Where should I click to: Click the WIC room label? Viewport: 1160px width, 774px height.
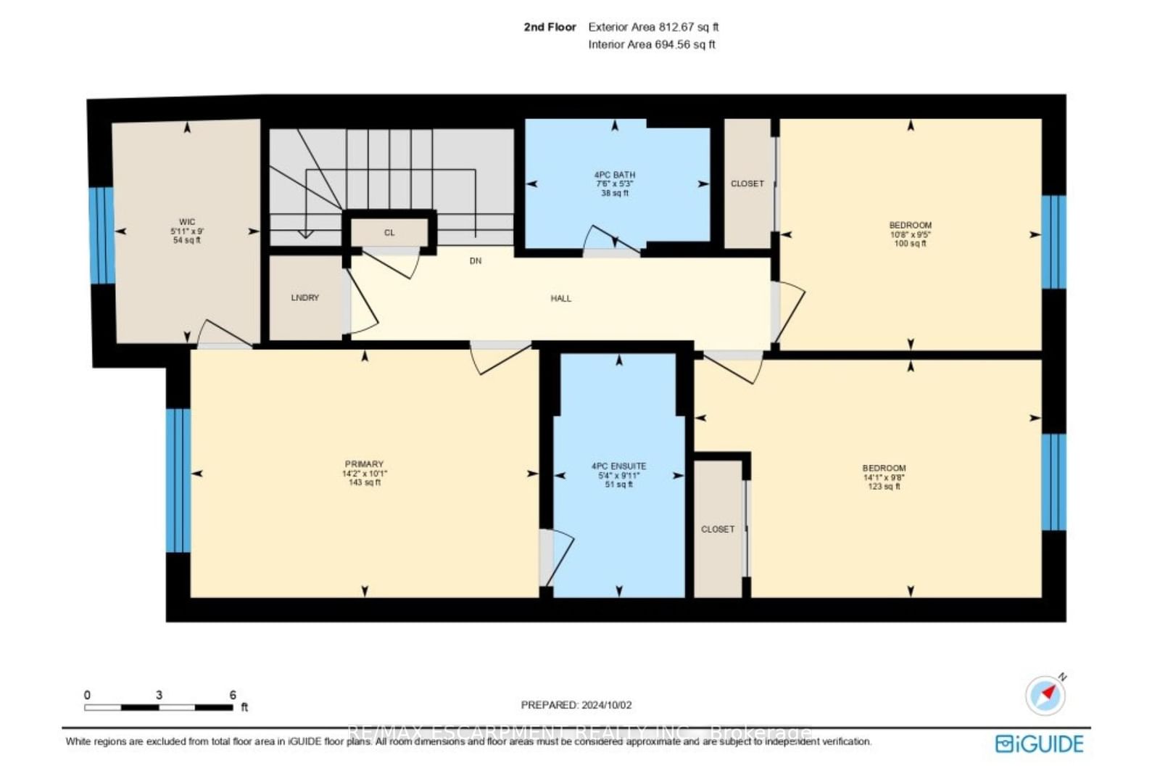[x=187, y=222]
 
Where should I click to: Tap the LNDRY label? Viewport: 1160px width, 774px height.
[x=305, y=297]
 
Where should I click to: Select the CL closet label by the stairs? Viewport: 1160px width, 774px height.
[x=389, y=233]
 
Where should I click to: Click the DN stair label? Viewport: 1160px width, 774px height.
[x=476, y=261]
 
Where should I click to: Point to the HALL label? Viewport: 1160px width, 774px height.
[x=560, y=298]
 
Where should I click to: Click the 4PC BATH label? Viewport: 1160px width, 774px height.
[x=615, y=175]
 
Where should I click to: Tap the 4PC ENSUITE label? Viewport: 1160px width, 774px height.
[x=618, y=466]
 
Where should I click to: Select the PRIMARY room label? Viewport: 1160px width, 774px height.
[x=364, y=464]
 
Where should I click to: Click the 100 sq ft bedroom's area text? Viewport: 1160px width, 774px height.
[x=910, y=244]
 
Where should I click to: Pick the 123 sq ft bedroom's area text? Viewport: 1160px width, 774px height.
[x=884, y=487]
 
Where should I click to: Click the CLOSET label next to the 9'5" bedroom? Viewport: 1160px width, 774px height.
[x=747, y=184]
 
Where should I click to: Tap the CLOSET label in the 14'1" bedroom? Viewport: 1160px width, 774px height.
[x=718, y=530]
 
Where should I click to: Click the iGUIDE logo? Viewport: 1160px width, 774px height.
[x=1040, y=744]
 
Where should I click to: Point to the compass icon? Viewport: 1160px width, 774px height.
[x=1045, y=695]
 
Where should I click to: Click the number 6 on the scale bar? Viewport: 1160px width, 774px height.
[x=233, y=695]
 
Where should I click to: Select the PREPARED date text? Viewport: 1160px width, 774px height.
[x=576, y=705]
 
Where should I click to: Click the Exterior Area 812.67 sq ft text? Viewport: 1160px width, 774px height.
[x=653, y=27]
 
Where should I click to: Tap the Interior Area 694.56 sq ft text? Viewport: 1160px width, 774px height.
[x=652, y=44]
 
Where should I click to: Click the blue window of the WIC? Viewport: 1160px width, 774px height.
[x=101, y=235]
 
